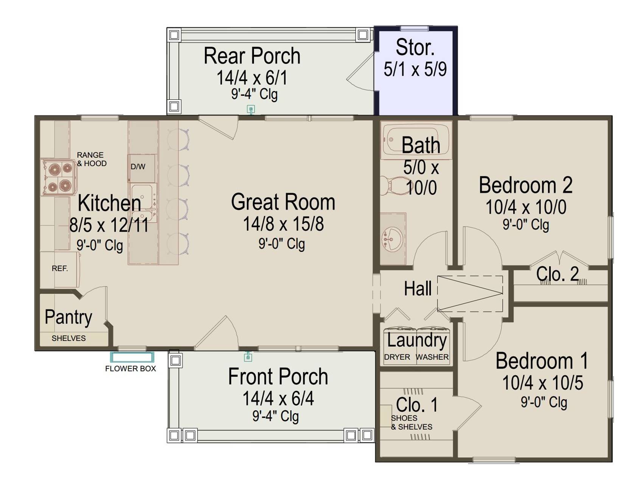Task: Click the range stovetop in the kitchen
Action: point(58,177)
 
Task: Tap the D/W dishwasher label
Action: point(138,166)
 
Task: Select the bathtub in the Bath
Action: point(416,140)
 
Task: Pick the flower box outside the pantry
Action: point(132,357)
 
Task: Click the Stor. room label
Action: point(415,47)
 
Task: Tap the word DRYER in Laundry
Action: point(397,357)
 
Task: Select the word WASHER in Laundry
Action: point(432,357)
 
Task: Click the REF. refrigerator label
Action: point(60,269)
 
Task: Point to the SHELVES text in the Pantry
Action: point(68,338)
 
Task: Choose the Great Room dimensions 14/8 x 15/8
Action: point(283,224)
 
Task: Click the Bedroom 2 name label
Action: point(525,185)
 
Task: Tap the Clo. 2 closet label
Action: point(557,274)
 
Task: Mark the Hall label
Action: point(418,289)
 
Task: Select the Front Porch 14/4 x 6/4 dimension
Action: point(278,398)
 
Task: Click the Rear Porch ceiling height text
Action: point(254,94)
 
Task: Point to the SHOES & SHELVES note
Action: point(412,422)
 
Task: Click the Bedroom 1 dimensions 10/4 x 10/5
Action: point(542,383)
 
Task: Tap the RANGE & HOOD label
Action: point(92,159)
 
